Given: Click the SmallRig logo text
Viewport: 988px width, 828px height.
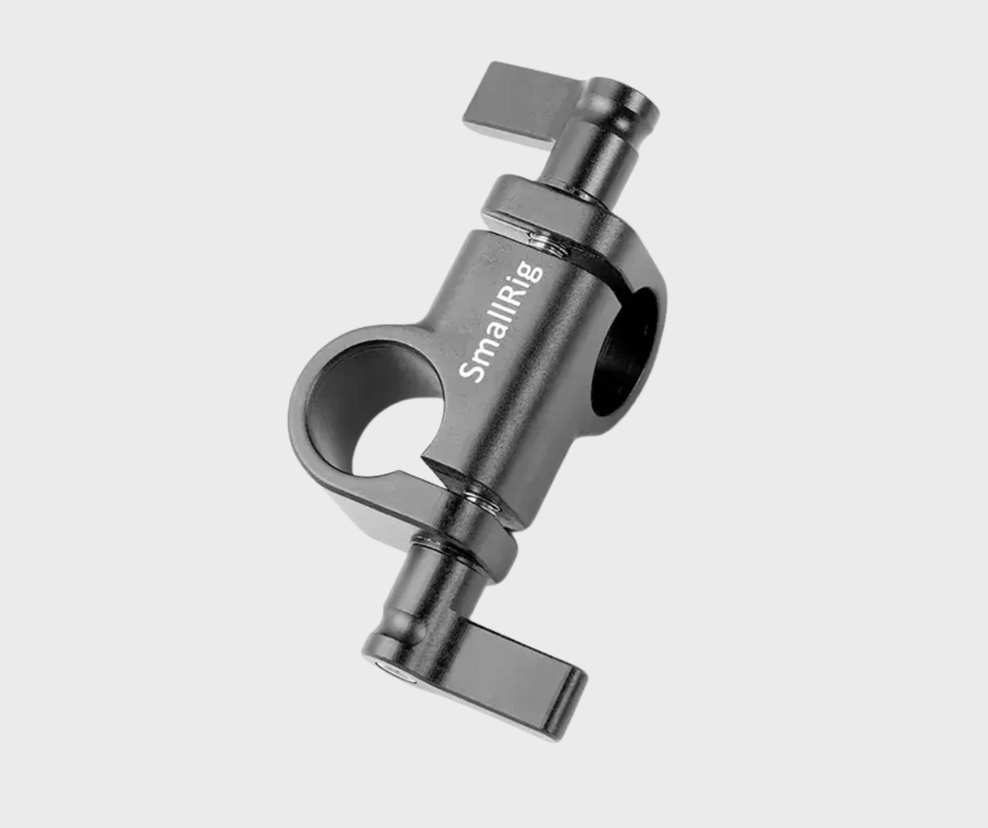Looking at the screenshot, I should [501, 325].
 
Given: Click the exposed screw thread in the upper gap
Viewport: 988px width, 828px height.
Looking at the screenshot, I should [548, 245].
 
